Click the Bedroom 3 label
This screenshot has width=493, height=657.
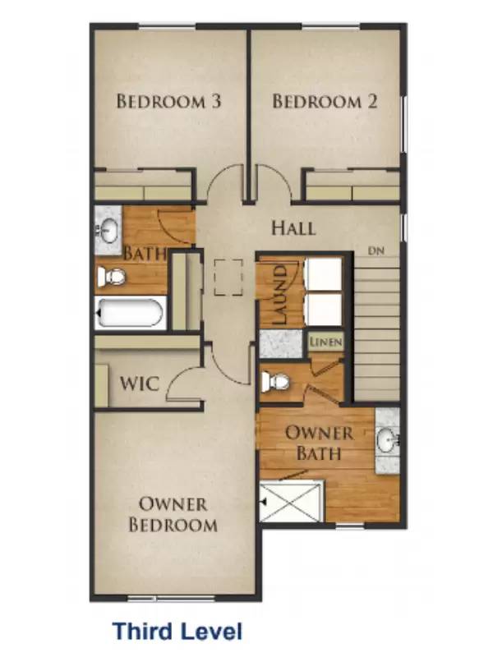click(168, 102)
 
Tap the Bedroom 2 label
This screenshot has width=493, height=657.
click(325, 102)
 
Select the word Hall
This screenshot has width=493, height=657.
click(293, 227)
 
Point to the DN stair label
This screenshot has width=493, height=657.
click(376, 250)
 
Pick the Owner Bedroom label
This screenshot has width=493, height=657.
click(173, 514)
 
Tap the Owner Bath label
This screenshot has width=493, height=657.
click(319, 443)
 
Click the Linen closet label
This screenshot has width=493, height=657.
click(325, 342)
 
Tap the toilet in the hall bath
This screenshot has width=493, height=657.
click(113, 277)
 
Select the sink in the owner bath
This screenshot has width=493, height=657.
click(386, 442)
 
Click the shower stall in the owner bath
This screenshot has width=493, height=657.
click(286, 501)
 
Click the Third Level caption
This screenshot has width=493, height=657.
click(177, 631)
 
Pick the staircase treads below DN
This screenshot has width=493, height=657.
click(376, 328)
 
